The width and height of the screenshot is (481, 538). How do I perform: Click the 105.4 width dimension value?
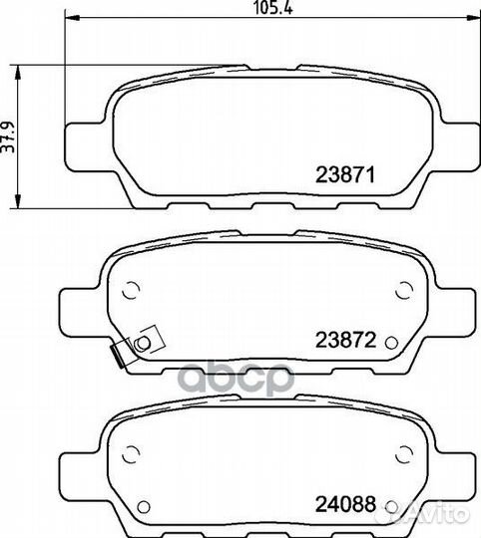point(273,7)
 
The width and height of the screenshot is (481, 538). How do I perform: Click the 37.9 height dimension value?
point(8,136)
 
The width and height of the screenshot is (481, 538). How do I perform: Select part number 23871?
point(344,174)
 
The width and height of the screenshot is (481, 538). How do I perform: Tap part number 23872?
point(345,340)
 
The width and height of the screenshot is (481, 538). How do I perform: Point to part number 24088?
point(345,504)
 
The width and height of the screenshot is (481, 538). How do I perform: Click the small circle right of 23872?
point(391,342)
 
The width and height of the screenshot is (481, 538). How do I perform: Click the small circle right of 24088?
point(391,506)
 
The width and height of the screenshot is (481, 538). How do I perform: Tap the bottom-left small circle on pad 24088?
point(144,506)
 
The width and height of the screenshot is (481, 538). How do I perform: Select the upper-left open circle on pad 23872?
point(131,290)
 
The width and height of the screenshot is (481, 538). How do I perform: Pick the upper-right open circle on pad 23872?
point(404,290)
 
